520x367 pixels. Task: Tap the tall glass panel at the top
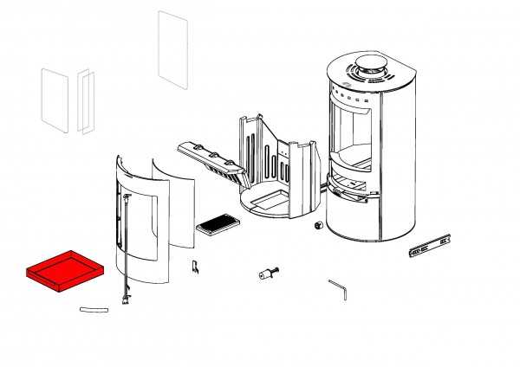(x=172, y=49)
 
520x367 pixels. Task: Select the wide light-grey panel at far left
(x=55, y=100)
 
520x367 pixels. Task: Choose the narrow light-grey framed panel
(x=85, y=100)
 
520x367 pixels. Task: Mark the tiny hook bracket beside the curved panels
(x=195, y=268)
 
